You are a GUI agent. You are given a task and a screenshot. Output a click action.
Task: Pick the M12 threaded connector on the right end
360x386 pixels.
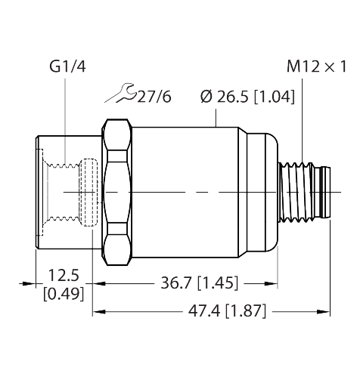tap(308, 193)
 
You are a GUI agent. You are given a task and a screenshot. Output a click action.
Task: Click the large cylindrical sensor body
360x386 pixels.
tap(185, 193)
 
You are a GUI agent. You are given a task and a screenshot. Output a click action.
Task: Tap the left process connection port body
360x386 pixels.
tap(57, 193)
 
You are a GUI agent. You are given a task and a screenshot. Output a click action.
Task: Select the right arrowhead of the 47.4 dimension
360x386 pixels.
tap(327, 310)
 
